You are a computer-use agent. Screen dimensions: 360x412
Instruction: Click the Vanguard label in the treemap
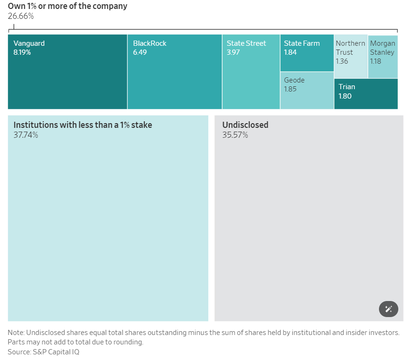[x=29, y=43]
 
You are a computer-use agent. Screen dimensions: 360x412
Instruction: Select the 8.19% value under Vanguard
[x=22, y=52]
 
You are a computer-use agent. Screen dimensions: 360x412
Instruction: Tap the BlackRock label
[x=150, y=43]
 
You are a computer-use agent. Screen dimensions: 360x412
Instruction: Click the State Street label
[x=246, y=43]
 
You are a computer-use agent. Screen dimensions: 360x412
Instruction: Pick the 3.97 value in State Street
[x=233, y=52]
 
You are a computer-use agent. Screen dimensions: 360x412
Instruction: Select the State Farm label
[x=302, y=43]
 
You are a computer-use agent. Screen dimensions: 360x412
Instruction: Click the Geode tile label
[x=294, y=80]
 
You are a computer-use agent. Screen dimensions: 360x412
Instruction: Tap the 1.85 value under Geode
[x=290, y=89]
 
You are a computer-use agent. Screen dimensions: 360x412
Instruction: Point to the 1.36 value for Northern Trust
[x=342, y=61]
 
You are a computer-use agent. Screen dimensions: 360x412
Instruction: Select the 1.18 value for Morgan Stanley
[x=376, y=61]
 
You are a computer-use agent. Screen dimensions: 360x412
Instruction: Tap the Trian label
[x=347, y=87]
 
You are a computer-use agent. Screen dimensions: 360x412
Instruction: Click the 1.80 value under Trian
[x=345, y=96]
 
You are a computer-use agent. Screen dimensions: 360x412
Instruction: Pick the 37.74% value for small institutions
[x=25, y=135]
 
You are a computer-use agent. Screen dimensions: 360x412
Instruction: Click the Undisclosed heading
[x=245, y=125]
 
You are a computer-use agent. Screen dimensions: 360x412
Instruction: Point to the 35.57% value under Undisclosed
[x=235, y=135]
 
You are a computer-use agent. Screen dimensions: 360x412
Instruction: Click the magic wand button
[x=388, y=309]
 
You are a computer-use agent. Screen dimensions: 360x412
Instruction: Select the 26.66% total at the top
[x=21, y=16]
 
